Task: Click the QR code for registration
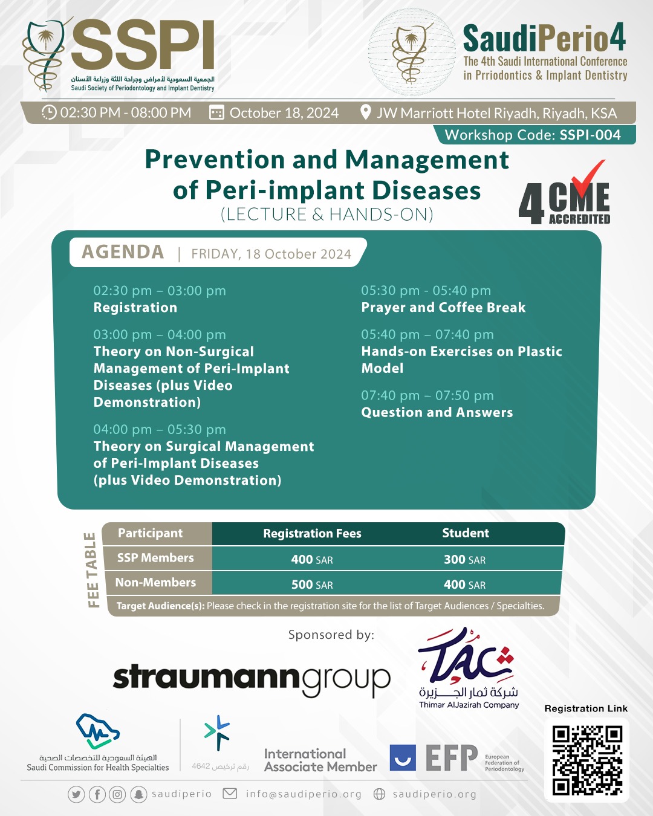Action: [586, 760]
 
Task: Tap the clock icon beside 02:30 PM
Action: [49, 113]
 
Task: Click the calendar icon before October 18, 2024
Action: [216, 113]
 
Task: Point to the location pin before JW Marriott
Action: [365, 112]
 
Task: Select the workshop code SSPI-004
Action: [590, 135]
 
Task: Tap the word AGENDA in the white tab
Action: [123, 252]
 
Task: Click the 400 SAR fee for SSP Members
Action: [312, 560]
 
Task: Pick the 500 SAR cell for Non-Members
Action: [312, 584]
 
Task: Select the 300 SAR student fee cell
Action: [464, 560]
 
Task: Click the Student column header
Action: [465, 533]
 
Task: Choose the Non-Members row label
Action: [155, 583]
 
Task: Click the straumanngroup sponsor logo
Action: [252, 679]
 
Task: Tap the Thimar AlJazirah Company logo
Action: [468, 668]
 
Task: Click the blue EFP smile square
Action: [403, 758]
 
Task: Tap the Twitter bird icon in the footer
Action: [76, 794]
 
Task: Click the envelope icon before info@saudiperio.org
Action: [230, 794]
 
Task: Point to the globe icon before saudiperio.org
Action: [379, 794]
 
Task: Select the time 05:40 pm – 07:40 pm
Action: [427, 335]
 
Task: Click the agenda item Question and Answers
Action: [437, 413]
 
